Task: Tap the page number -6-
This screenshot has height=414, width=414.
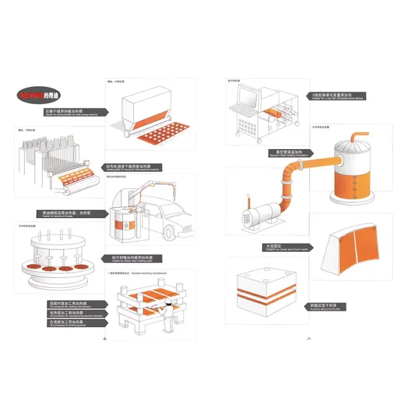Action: (104, 339)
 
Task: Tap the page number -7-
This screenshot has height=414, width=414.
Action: (310, 339)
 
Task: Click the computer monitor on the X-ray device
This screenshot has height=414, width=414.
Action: (244, 95)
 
